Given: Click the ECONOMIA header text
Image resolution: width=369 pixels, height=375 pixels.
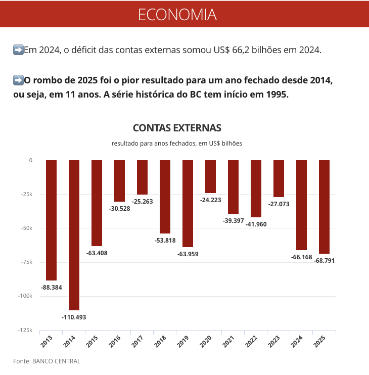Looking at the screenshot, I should [177, 14].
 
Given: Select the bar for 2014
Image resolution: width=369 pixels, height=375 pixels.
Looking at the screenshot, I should [74, 235].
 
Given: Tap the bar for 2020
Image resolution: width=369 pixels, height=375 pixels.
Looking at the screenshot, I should [210, 176].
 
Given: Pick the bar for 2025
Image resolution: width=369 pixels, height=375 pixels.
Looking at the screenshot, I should [324, 207].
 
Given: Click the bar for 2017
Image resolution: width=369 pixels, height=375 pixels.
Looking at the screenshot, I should [143, 177].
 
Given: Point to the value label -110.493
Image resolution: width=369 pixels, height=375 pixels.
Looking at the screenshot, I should [74, 317].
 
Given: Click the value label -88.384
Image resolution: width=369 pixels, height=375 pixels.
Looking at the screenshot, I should [52, 288].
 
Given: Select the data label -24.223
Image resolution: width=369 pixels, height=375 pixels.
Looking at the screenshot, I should [211, 200].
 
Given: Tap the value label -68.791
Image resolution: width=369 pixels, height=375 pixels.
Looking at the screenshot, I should [324, 261].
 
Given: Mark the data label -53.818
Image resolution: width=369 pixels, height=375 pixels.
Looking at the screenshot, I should [165, 241].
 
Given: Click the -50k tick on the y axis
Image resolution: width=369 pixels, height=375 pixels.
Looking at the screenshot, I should [27, 228].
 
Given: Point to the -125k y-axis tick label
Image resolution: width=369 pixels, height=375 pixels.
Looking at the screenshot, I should [25, 330].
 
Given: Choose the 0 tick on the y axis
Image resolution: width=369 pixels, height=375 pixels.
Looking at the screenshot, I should [30, 160].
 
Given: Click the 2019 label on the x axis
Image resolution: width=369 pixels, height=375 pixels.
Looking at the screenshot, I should [183, 343].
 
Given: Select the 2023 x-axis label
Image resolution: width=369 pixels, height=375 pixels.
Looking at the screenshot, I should [274, 343].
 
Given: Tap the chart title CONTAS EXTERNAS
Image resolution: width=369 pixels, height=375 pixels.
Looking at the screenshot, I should [177, 128].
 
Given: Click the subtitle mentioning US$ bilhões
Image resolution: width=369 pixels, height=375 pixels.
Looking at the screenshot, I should [177, 144].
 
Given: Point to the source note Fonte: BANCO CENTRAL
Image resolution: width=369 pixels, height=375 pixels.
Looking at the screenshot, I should [47, 361].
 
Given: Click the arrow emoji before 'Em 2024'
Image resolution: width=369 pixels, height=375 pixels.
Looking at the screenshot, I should [18, 50].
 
